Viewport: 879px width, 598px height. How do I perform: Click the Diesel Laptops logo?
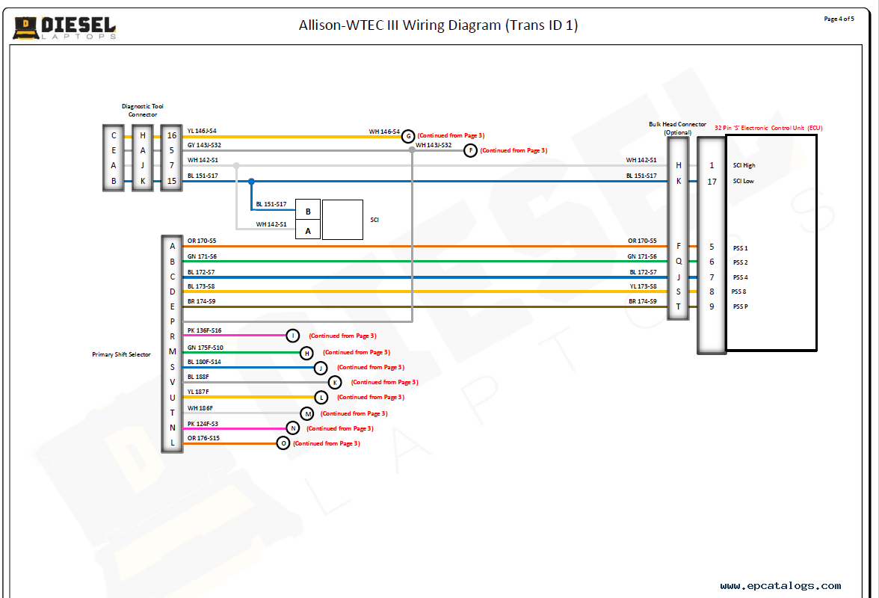pyautogui.click(x=64, y=27)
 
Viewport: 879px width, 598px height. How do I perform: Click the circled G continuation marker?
pyautogui.click(x=408, y=136)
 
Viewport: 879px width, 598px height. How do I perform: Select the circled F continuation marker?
pyautogui.click(x=470, y=150)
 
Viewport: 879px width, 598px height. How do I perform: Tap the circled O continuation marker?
pyautogui.click(x=283, y=443)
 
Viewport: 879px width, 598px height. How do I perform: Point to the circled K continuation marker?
pyautogui.click(x=335, y=382)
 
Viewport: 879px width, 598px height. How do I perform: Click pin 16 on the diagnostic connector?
pyautogui.click(x=172, y=135)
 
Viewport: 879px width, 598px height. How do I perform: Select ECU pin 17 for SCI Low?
pyautogui.click(x=712, y=181)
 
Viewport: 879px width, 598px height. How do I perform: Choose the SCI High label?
pyautogui.click(x=744, y=165)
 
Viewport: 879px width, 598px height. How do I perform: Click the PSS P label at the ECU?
pyautogui.click(x=741, y=306)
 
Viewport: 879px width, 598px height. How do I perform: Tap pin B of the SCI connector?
pyautogui.click(x=308, y=212)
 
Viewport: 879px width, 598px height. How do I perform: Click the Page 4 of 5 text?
pyautogui.click(x=839, y=19)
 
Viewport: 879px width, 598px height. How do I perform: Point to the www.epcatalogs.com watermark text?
pyautogui.click(x=780, y=586)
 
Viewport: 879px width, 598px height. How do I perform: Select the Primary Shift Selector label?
pyautogui.click(x=121, y=354)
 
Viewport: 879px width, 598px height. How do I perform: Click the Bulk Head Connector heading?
pyautogui.click(x=677, y=125)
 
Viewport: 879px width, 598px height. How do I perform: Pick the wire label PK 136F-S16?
pyautogui.click(x=204, y=330)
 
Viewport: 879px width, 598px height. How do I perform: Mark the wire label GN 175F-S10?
pyautogui.click(x=205, y=347)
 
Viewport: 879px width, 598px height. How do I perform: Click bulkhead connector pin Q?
pyautogui.click(x=679, y=262)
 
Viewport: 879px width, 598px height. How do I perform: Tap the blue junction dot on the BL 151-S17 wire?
pyautogui.click(x=251, y=181)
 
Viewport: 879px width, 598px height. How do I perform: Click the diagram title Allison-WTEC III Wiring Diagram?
pyautogui.click(x=438, y=25)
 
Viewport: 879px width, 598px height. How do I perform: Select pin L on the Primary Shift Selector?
pyautogui.click(x=172, y=443)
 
